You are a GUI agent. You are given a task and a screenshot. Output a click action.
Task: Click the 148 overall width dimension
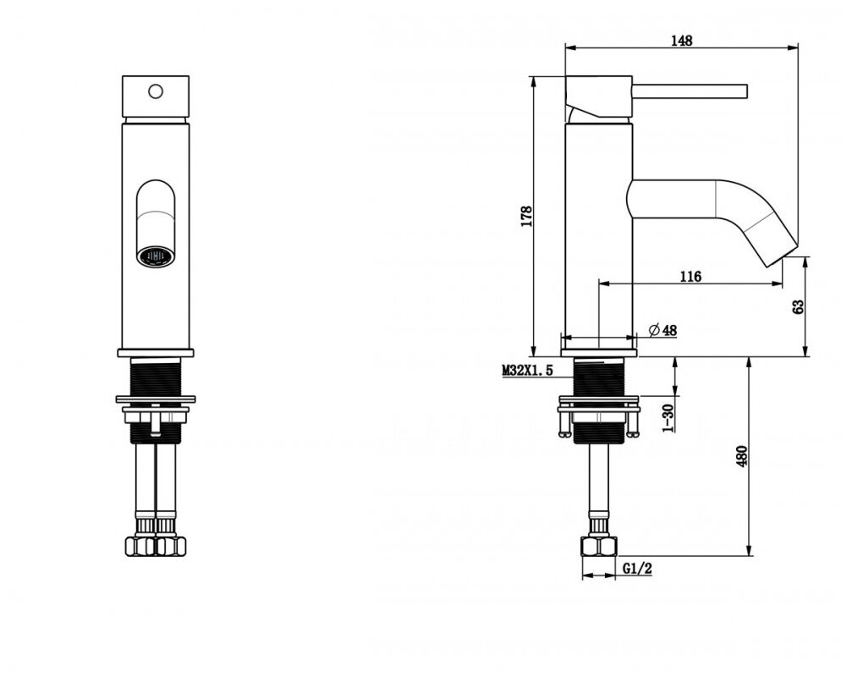click(683, 39)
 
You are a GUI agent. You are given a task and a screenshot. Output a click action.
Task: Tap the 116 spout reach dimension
click(690, 276)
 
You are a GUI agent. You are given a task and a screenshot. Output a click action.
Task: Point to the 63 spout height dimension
click(798, 306)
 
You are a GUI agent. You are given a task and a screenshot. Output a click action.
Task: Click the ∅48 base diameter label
click(662, 331)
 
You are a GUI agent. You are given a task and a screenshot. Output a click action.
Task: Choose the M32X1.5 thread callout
click(527, 371)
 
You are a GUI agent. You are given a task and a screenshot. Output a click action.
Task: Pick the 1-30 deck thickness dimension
click(668, 418)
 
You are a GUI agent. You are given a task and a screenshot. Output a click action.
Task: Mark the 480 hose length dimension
click(742, 456)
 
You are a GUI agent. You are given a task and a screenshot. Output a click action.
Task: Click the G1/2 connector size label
click(637, 570)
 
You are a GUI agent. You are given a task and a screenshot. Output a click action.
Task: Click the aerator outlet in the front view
click(156, 254)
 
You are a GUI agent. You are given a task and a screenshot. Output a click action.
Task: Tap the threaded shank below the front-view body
click(157, 375)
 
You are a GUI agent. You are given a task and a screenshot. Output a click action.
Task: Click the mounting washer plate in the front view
click(157, 399)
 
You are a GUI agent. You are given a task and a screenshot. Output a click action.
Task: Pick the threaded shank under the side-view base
click(600, 377)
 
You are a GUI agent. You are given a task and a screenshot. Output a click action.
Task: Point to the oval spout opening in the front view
click(157, 207)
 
